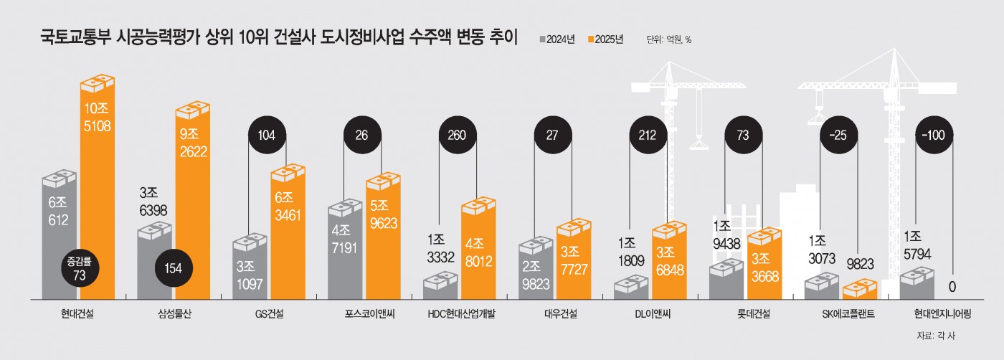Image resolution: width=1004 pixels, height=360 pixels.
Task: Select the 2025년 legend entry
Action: click(x=605, y=39)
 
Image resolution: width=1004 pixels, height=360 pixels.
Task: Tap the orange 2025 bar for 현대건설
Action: click(x=96, y=194)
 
